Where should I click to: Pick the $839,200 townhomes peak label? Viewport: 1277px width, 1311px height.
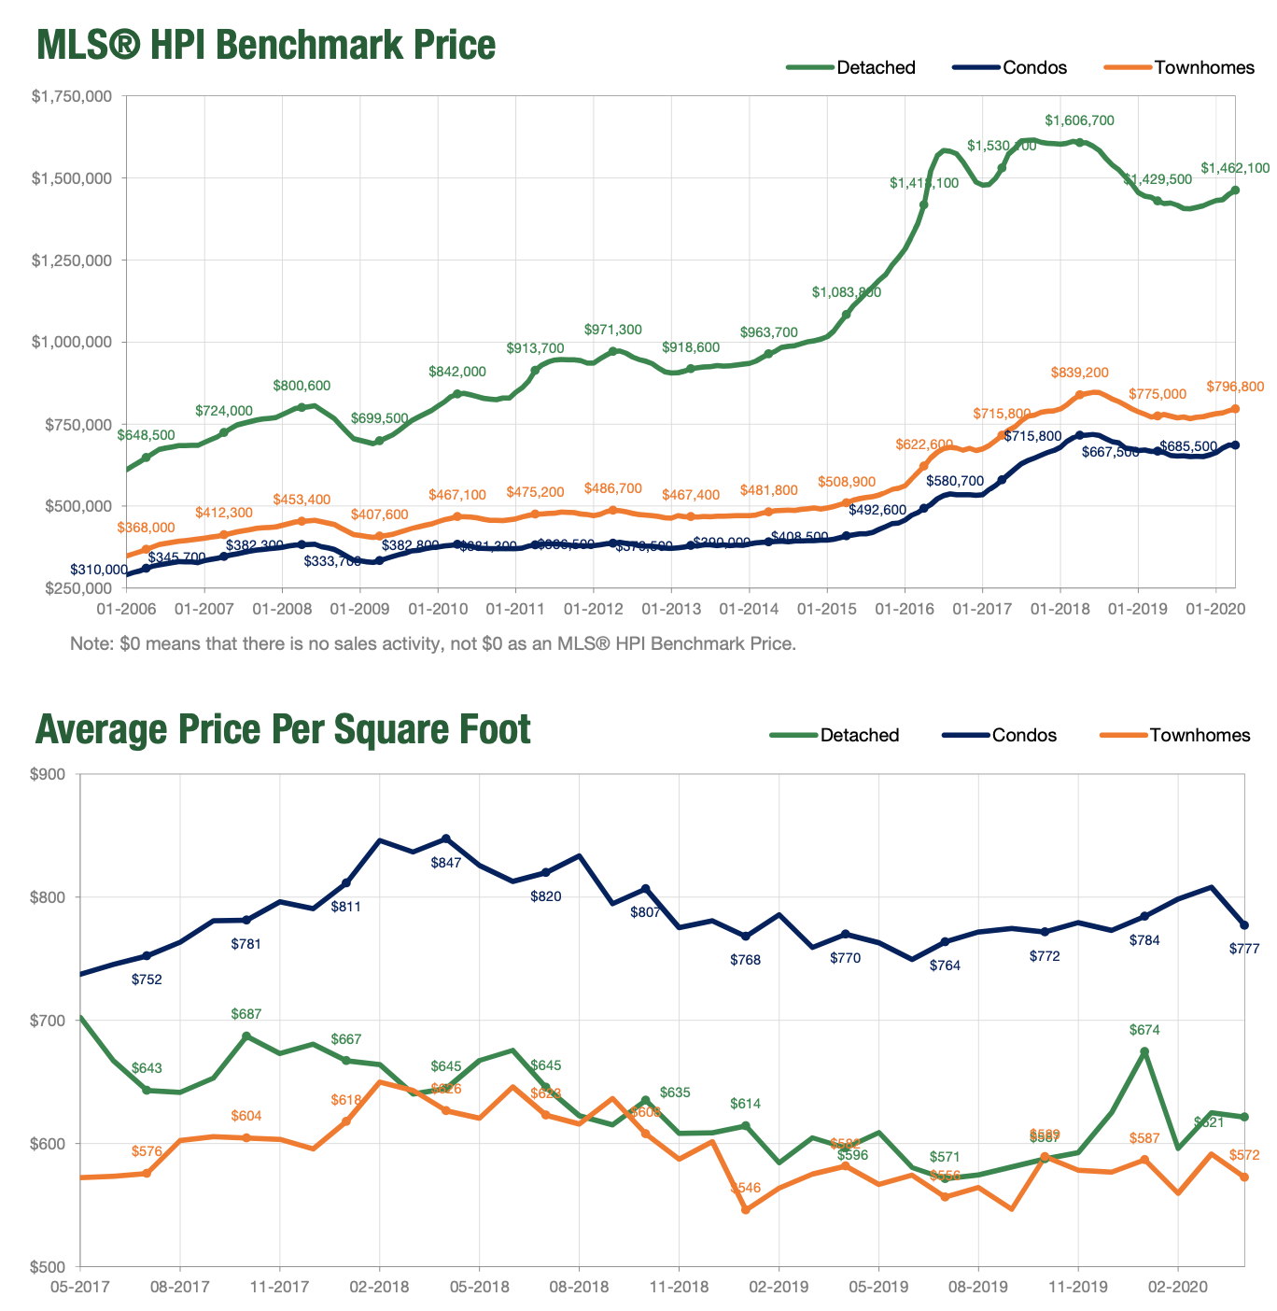tap(1079, 373)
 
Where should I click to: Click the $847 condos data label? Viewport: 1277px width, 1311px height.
tap(446, 863)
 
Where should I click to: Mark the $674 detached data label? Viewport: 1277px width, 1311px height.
tap(1144, 1030)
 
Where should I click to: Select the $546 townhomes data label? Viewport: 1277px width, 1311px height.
tap(745, 1188)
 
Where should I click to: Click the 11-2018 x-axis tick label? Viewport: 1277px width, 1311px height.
tap(678, 1286)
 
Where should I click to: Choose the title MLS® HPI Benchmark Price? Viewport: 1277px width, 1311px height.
tap(265, 44)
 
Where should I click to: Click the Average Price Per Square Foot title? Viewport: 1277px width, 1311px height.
tap(283, 729)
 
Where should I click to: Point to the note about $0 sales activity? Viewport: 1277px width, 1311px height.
tap(433, 643)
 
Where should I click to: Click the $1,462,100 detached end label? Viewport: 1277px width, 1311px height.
tap(1235, 168)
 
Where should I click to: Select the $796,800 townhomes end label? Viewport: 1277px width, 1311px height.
tap(1235, 387)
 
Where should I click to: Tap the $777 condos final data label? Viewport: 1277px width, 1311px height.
tap(1244, 949)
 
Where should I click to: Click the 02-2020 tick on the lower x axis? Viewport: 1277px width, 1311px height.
tap(1177, 1286)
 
